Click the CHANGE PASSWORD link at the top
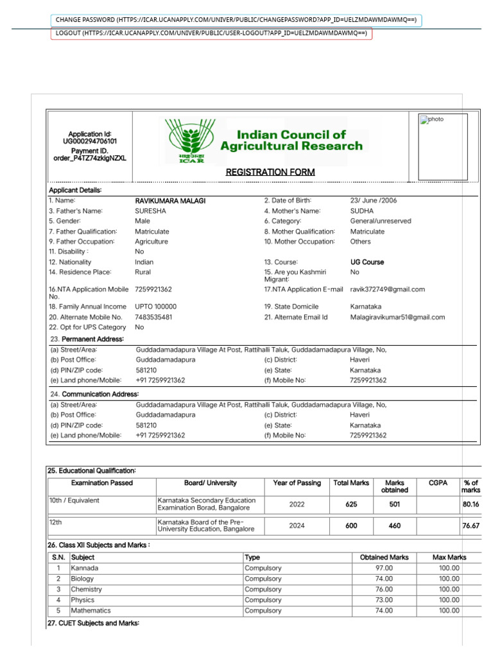click(x=236, y=21)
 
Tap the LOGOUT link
click(x=211, y=33)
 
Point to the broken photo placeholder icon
click(x=424, y=119)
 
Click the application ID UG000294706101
click(x=90, y=141)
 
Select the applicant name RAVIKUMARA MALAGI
click(x=170, y=201)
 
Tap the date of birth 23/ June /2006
click(x=374, y=201)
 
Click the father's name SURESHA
click(x=150, y=211)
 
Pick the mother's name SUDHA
click(x=361, y=211)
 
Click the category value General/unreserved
click(x=381, y=221)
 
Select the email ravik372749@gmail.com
click(x=387, y=289)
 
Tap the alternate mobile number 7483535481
click(x=153, y=318)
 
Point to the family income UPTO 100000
click(x=155, y=307)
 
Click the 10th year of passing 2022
click(x=297, y=505)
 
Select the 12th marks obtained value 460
click(x=394, y=526)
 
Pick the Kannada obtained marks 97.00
click(x=385, y=568)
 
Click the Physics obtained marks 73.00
click(x=385, y=601)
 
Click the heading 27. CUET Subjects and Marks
click(x=93, y=624)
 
